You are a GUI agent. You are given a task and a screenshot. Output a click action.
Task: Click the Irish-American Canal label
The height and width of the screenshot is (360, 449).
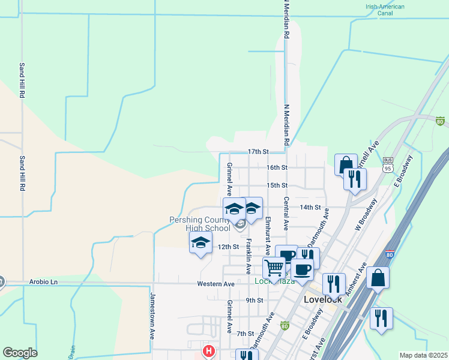point(385,11)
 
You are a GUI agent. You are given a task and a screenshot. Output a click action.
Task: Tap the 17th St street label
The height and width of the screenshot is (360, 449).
point(257,152)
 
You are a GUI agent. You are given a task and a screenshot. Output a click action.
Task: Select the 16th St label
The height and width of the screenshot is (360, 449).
point(277,167)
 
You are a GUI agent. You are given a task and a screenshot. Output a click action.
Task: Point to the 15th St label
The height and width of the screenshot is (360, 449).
point(277,186)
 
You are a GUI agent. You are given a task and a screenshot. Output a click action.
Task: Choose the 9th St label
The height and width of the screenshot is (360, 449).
point(255,300)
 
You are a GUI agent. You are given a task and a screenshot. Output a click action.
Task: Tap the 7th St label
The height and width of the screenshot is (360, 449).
point(246,334)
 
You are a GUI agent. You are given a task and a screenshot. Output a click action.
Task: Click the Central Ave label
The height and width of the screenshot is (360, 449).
point(287,214)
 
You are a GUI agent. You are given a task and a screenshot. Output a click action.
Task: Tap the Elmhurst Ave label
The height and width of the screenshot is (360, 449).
point(268,236)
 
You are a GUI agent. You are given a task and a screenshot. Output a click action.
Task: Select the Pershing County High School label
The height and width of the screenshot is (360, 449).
point(199,224)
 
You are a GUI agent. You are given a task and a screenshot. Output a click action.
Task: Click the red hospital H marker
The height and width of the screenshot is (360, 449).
point(208,350)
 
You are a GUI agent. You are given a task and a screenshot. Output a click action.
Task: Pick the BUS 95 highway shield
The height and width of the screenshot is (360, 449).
point(388,164)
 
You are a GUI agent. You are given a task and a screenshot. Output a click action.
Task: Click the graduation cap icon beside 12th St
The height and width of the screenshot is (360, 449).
point(200,242)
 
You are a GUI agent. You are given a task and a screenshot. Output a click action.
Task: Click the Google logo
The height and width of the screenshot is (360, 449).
point(20,353)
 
